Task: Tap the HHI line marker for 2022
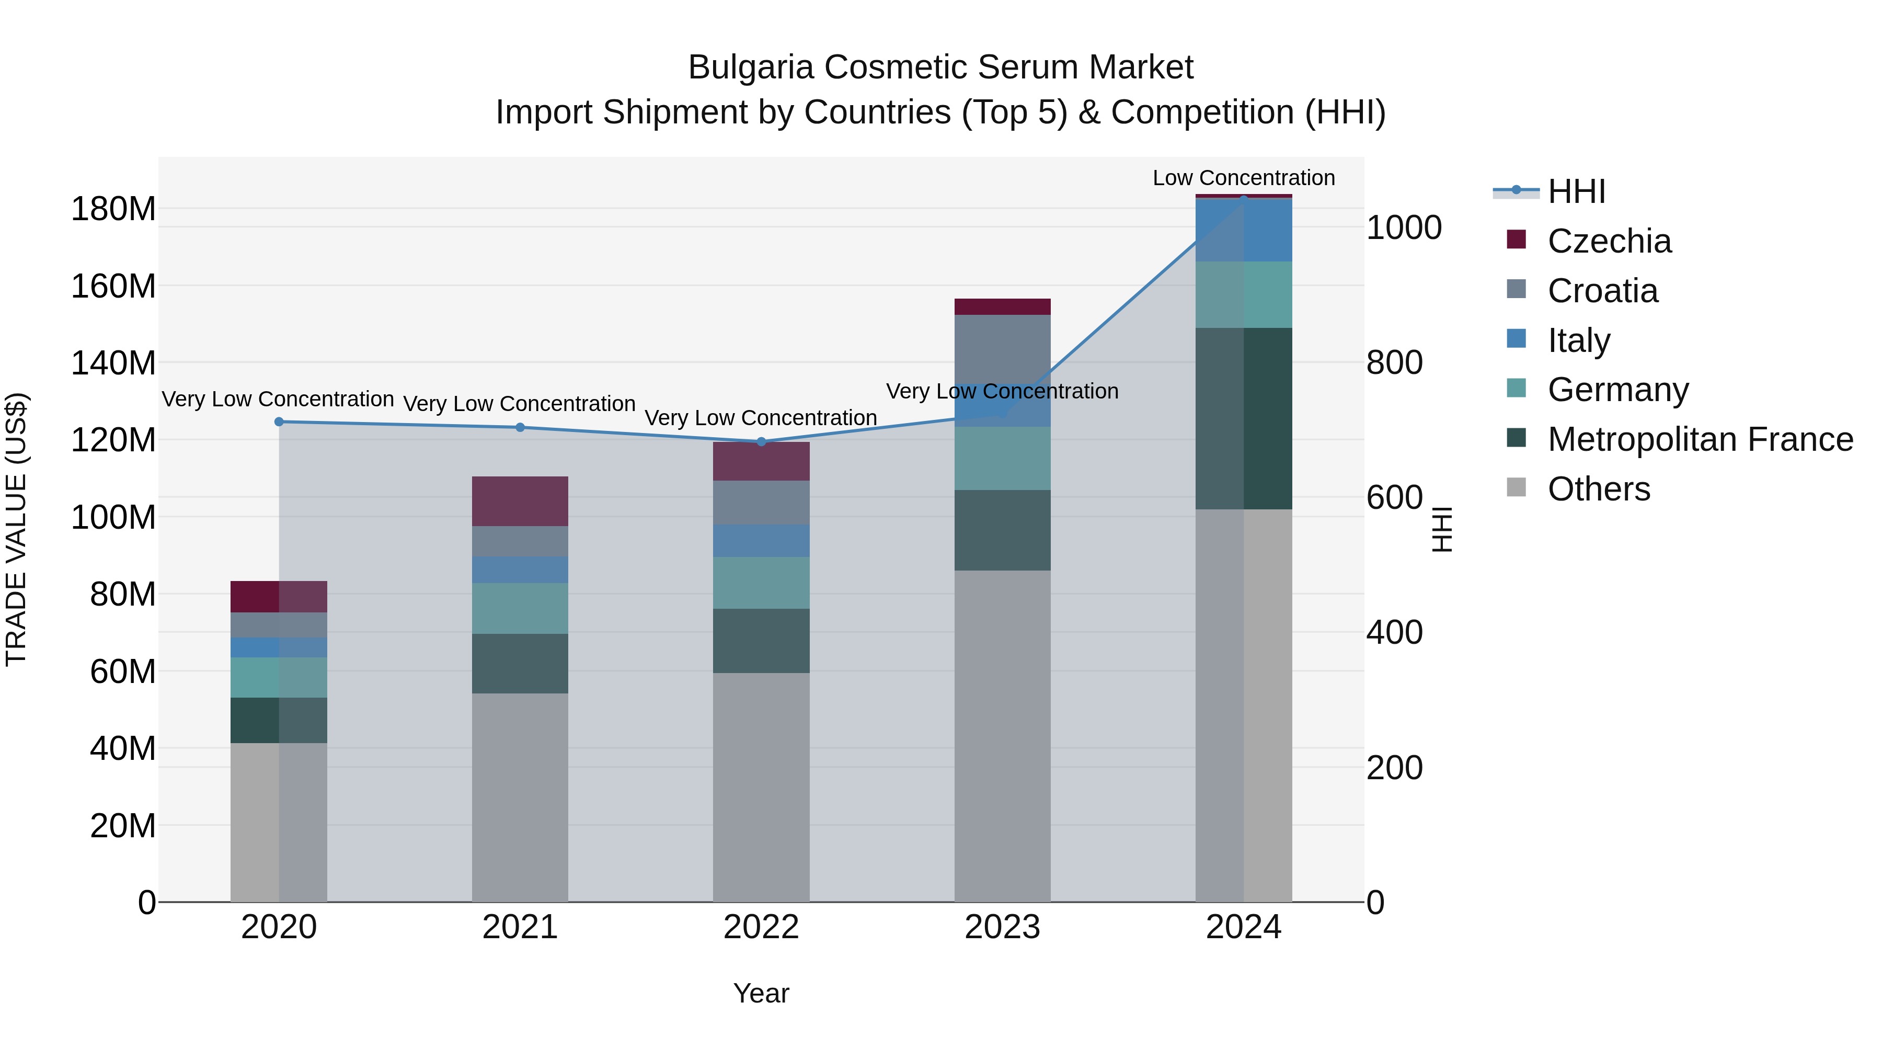[761, 442]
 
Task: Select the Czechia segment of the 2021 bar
[520, 502]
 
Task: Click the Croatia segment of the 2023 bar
[1002, 351]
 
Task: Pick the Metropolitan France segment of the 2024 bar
[1244, 418]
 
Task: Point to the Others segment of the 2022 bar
[761, 787]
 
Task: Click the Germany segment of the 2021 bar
[520, 608]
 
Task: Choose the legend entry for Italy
[1578, 340]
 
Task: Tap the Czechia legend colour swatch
[1516, 240]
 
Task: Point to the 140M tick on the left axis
[113, 363]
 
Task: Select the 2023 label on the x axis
[1002, 927]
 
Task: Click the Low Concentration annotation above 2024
[1244, 178]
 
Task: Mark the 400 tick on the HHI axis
[1394, 633]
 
